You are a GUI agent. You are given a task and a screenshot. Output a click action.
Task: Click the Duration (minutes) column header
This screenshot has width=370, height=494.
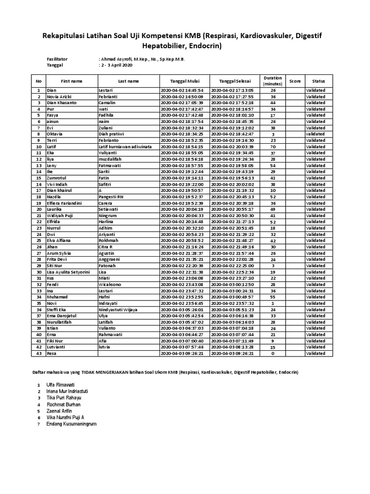click(x=273, y=81)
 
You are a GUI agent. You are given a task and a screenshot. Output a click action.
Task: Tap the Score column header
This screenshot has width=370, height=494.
click(x=295, y=81)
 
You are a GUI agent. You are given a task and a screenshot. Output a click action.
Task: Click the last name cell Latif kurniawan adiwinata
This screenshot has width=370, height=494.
click(x=125, y=147)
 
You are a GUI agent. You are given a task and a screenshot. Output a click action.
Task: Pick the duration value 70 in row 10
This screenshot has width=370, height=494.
click(x=273, y=147)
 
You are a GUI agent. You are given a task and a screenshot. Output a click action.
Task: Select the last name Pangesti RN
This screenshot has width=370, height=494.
click(x=113, y=197)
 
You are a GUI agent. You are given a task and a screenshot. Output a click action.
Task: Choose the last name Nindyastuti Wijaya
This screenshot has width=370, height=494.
click(x=118, y=310)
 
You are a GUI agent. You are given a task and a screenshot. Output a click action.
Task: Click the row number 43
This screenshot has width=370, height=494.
click(x=38, y=354)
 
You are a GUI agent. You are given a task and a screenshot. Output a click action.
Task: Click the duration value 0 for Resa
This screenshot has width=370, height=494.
click(x=273, y=354)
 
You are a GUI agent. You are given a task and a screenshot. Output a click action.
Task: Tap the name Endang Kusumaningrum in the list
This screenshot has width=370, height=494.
click(x=72, y=424)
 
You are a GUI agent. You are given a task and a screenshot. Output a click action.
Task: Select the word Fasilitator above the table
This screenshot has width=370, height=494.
click(x=57, y=59)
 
